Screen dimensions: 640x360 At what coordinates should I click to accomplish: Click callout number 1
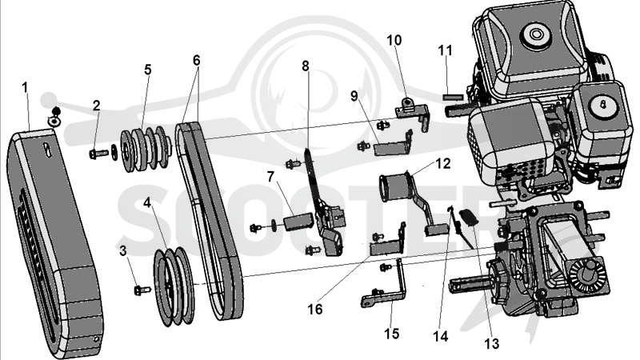point(26,88)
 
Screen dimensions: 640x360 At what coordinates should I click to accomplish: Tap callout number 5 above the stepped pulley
point(148,70)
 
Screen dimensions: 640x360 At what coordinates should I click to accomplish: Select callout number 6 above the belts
point(197,61)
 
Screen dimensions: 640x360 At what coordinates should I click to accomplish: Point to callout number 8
point(306,66)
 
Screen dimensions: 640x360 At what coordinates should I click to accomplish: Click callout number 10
point(394,40)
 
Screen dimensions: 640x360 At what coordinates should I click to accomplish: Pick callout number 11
point(446,50)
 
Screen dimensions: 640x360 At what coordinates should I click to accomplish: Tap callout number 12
point(443,163)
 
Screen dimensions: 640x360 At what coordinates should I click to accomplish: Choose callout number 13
point(492,343)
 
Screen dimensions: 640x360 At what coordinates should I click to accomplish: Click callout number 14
point(441,336)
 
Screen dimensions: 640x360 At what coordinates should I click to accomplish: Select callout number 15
point(391,334)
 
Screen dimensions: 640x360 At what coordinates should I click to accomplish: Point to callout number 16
point(315,309)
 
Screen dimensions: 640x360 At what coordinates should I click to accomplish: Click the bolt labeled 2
point(98,154)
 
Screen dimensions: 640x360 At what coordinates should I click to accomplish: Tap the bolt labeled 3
point(142,290)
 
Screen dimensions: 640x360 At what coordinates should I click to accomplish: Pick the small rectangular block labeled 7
point(298,222)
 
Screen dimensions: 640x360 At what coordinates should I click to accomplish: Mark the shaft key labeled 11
point(453,97)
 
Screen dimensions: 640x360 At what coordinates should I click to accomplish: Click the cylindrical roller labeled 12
point(394,186)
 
